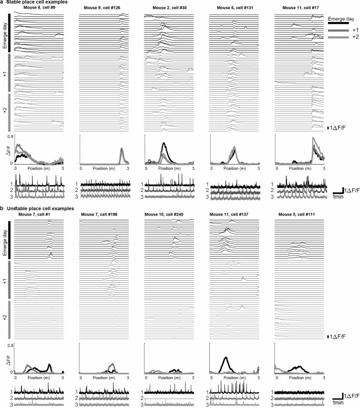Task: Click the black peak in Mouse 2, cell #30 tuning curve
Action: (164, 143)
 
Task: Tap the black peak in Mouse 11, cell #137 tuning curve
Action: (225, 358)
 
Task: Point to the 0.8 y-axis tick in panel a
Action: (11, 136)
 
